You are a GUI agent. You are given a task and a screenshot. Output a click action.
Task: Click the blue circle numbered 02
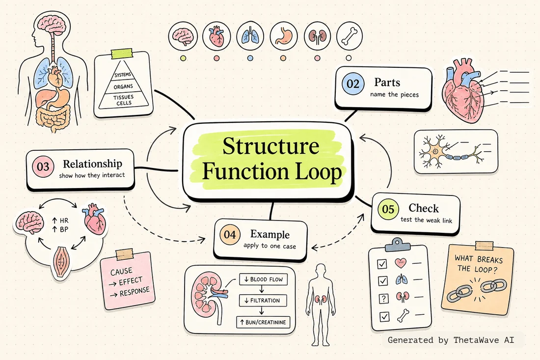(x=352, y=83)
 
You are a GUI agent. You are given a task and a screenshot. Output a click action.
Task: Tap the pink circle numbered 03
(x=43, y=166)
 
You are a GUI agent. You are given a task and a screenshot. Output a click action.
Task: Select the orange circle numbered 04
(x=230, y=235)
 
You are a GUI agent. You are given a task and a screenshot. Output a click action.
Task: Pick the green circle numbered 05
(x=388, y=209)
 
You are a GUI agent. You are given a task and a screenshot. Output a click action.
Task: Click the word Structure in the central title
(x=270, y=146)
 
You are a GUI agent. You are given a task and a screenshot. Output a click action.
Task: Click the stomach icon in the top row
(x=283, y=36)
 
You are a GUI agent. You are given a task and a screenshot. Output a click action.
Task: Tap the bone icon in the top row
(x=350, y=36)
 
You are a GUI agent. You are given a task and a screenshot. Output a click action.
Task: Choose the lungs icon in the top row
(x=250, y=36)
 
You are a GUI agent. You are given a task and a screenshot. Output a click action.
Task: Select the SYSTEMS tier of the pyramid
(x=123, y=75)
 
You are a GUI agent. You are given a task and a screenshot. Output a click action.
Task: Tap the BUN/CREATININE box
(x=263, y=323)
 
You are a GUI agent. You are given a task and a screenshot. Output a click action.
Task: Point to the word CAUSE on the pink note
(x=121, y=272)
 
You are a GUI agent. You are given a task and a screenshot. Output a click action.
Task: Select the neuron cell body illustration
(x=435, y=151)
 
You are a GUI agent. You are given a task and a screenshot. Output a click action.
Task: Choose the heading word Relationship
(x=92, y=164)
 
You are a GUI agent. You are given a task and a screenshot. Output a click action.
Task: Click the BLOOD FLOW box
(x=263, y=279)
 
